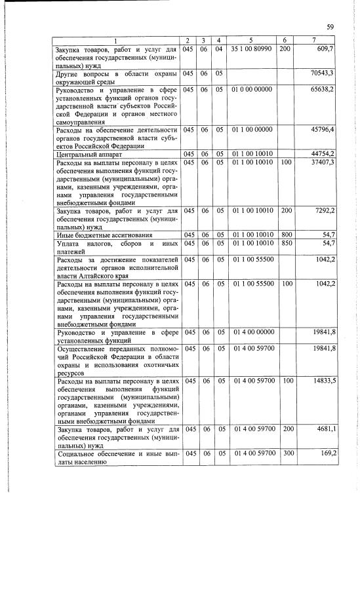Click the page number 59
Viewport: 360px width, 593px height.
pyautogui.click(x=330, y=27)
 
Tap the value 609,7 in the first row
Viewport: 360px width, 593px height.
pyautogui.click(x=325, y=49)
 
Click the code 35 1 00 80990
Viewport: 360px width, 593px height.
pyautogui.click(x=252, y=49)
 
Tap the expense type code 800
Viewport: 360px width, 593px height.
pyautogui.click(x=285, y=235)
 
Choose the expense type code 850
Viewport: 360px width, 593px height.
pyautogui.click(x=285, y=243)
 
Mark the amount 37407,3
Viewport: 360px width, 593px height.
pyautogui.click(x=322, y=163)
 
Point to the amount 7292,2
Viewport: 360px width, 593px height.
pyautogui.click(x=323, y=212)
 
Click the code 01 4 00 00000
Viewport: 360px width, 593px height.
pyautogui.click(x=252, y=333)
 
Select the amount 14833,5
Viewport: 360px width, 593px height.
pyautogui.click(x=322, y=380)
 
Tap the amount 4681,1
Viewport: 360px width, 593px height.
pyautogui.click(x=323, y=429)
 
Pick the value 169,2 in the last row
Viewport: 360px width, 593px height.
pyautogui.click(x=325, y=453)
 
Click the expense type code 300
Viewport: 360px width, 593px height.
pyautogui.click(x=285, y=453)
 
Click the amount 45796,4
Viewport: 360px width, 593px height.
pyautogui.click(x=322, y=130)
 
